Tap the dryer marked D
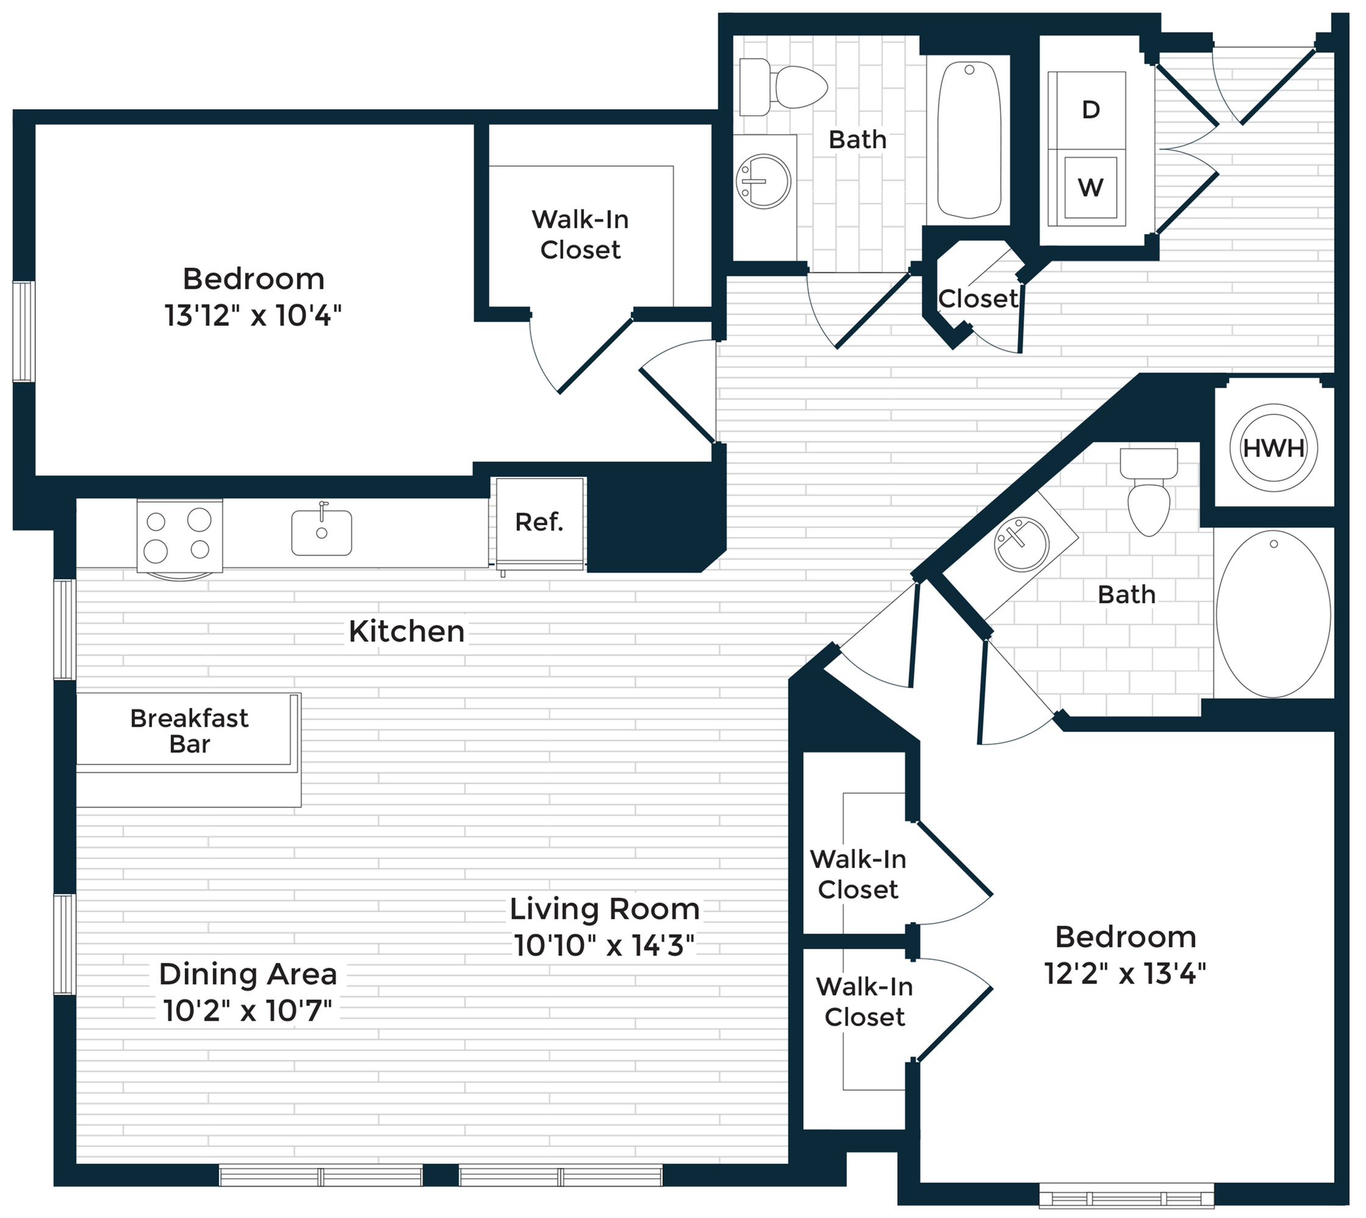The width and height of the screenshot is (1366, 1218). point(1090,110)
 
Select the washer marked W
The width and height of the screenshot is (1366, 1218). point(1090,188)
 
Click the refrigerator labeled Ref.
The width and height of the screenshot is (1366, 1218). point(539,523)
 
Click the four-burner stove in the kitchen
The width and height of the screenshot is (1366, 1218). point(179,535)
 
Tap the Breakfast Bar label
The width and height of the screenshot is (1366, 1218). point(189,731)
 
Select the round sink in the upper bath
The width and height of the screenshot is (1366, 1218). point(763,181)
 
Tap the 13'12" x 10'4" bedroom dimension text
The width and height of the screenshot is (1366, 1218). point(253,315)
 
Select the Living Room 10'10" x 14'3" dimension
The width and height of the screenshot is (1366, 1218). point(604,945)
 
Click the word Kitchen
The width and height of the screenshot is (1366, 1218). point(406,631)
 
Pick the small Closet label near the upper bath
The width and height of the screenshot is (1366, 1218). point(977,298)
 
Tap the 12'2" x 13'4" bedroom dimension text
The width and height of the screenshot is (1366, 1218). point(1125,973)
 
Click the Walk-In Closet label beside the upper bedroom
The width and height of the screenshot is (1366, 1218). point(580,234)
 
